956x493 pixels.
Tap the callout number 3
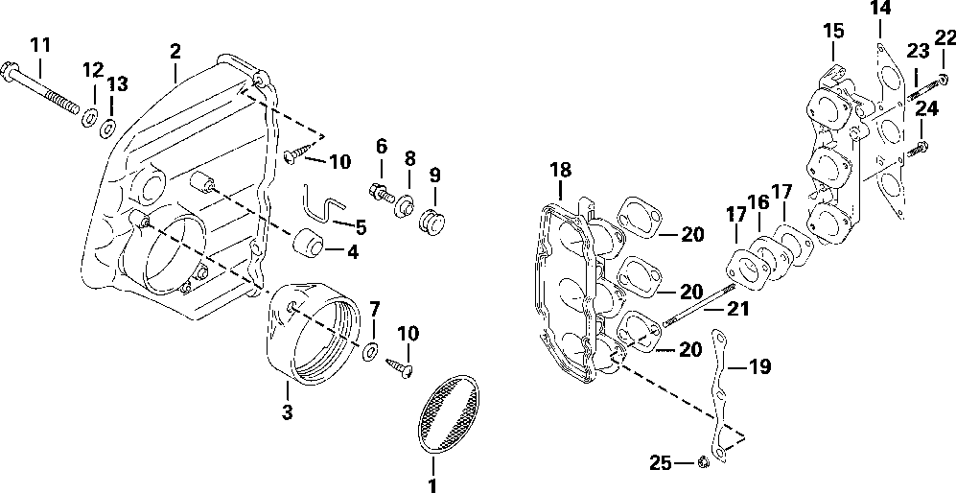pos(287,413)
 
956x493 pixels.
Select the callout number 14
pos(880,9)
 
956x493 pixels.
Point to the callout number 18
pos(560,171)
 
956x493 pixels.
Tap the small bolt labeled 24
pos(918,147)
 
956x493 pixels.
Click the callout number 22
pos(945,38)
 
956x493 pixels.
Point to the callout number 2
pos(175,49)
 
